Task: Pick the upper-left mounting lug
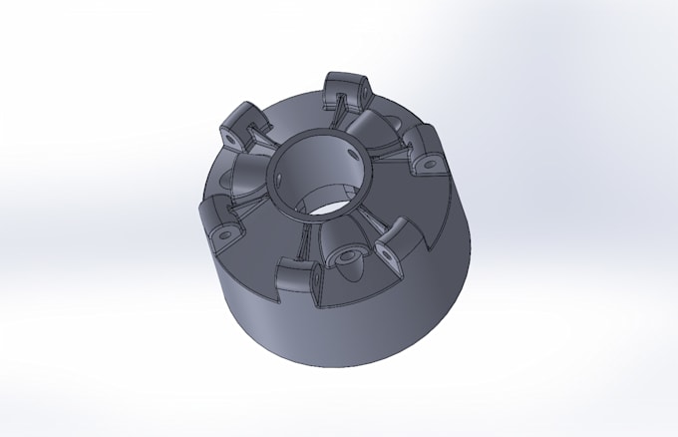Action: [241, 124]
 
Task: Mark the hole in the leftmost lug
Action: [224, 233]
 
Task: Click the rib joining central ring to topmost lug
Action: [341, 112]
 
